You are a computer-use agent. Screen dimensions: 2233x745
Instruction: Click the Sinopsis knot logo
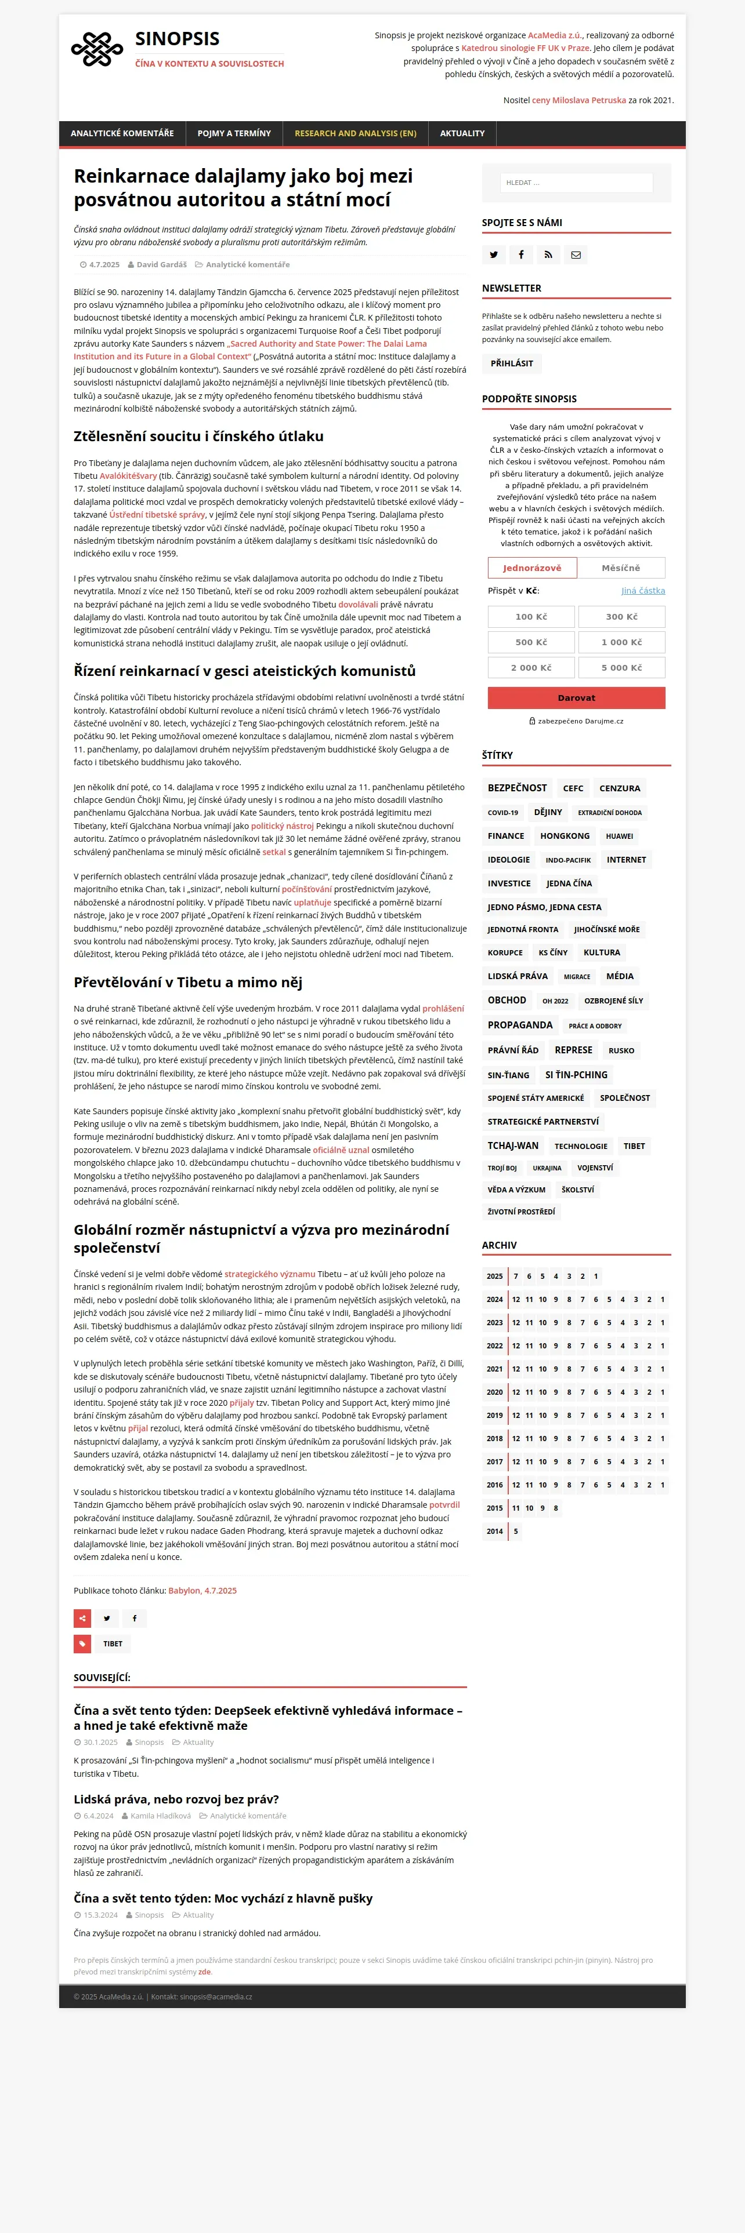pos(97,49)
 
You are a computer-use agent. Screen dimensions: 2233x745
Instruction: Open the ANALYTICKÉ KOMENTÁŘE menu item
pos(122,133)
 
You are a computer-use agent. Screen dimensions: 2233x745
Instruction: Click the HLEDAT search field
pos(576,183)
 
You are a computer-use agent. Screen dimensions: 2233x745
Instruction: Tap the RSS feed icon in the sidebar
pos(548,255)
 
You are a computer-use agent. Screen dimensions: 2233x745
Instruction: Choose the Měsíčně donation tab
pos(621,568)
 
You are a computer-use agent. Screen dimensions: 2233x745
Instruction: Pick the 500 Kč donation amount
pos(531,642)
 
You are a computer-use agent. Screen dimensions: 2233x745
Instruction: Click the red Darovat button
pos(576,698)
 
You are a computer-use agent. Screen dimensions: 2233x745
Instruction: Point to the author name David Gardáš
pos(161,264)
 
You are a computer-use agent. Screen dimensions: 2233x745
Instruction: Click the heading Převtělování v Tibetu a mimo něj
pos(187,982)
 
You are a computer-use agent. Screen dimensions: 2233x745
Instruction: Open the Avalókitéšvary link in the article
pos(128,476)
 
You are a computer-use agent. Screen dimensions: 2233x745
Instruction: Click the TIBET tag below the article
pos(113,1643)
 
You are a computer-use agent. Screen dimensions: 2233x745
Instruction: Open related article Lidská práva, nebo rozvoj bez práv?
pos(176,1799)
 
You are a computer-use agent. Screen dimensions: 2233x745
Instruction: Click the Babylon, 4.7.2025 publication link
pos(202,1591)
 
